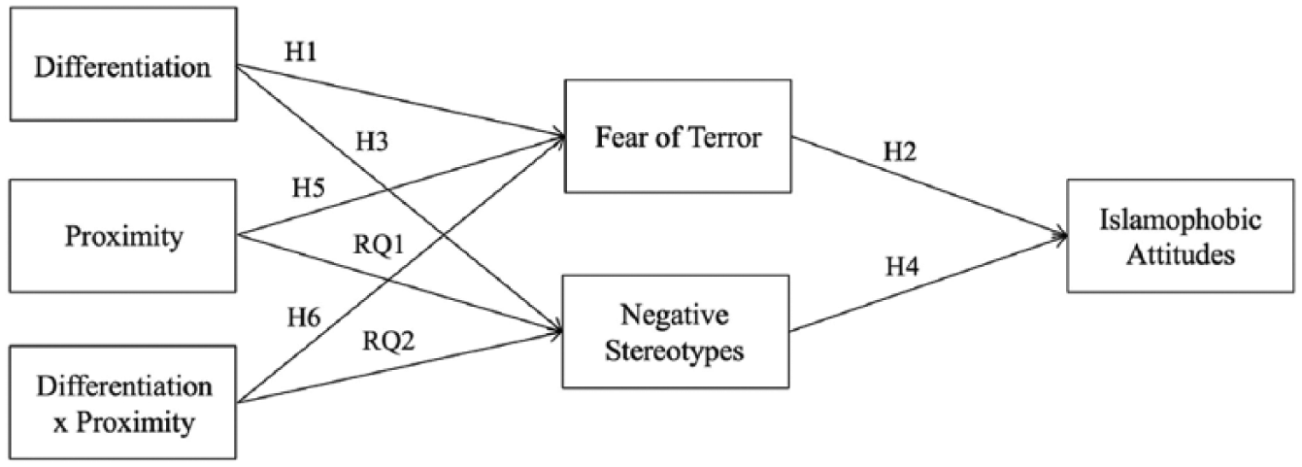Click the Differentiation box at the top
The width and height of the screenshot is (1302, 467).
pyautogui.click(x=123, y=64)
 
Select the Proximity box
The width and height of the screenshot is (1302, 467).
pyautogui.click(x=122, y=236)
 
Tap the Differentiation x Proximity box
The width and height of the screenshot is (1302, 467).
pyautogui.click(x=122, y=403)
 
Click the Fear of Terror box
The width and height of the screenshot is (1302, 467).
pyautogui.click(x=678, y=136)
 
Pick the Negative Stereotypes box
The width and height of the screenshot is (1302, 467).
pyautogui.click(x=676, y=331)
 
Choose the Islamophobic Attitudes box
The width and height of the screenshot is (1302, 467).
pyautogui.click(x=1181, y=236)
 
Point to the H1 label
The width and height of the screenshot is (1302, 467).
pyautogui.click(x=301, y=52)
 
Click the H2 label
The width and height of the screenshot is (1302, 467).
pyautogui.click(x=900, y=151)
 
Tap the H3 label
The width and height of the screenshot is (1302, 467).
pyautogui.click(x=372, y=142)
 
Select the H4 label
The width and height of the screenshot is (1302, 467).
pyautogui.click(x=902, y=266)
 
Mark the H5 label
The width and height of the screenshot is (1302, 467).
pyautogui.click(x=308, y=187)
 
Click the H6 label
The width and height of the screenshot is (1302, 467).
pyautogui.click(x=304, y=317)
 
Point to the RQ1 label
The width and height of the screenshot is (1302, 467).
pyautogui.click(x=379, y=245)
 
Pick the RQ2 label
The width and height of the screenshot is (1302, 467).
pyautogui.click(x=389, y=341)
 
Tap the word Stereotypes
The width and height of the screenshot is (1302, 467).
pyautogui.click(x=674, y=350)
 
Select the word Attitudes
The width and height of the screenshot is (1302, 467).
pyautogui.click(x=1181, y=254)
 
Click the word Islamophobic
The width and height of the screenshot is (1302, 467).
pyautogui.click(x=1181, y=219)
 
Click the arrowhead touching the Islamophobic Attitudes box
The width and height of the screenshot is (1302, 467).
pyautogui.click(x=1062, y=236)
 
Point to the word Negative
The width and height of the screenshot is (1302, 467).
pyautogui.click(x=674, y=316)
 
